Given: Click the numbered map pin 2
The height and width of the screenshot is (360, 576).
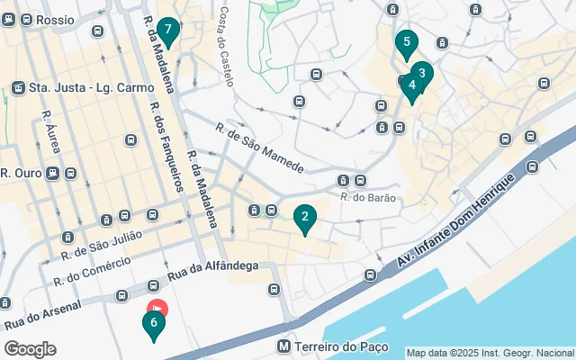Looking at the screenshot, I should click(x=305, y=217).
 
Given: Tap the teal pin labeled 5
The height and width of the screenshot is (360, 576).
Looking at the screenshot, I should click(x=406, y=42).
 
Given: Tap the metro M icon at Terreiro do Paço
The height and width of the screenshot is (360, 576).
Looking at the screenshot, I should click(x=283, y=346).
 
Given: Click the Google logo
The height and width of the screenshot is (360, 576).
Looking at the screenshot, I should click(x=31, y=348).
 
